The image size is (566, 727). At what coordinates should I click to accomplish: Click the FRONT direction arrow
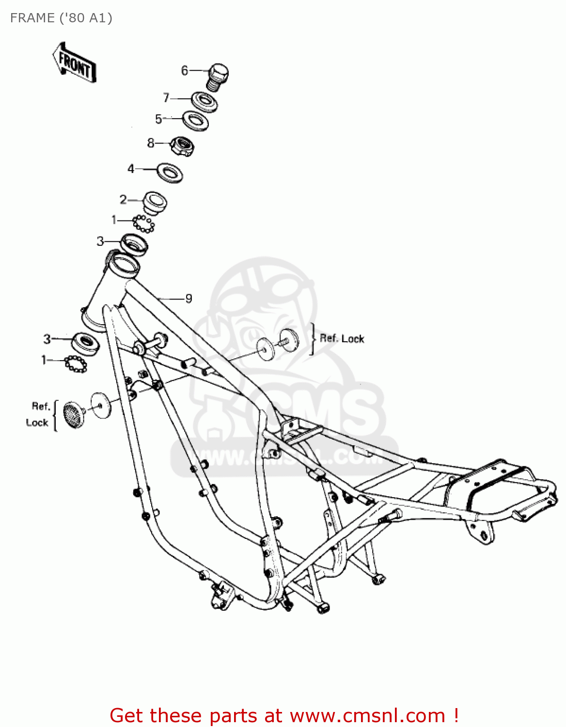point(74,63)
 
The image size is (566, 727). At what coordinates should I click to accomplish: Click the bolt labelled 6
point(218,77)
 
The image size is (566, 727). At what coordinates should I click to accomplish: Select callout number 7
point(166,98)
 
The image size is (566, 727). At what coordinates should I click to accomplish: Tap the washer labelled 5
point(195,120)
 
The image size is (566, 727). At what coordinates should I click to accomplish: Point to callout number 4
point(130,169)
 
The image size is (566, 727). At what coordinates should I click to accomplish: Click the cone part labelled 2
point(155,203)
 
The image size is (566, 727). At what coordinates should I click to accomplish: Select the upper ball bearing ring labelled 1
point(143,224)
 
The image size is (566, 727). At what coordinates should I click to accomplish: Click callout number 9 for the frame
point(189,299)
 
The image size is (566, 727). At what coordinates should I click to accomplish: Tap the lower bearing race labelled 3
point(86,343)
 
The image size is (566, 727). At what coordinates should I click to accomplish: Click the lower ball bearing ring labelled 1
point(76,363)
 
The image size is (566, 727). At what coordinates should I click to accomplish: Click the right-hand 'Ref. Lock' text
point(342,338)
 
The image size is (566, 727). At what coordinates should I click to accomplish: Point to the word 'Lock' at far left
point(37,423)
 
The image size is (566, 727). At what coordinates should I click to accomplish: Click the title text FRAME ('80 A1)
point(61,18)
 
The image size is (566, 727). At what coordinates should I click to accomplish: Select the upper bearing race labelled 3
point(134,243)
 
